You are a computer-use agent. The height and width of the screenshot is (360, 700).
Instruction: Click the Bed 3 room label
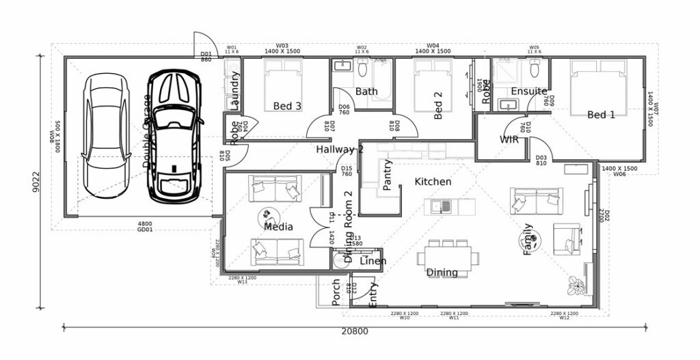287,106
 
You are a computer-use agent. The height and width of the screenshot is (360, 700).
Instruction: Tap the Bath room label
366,91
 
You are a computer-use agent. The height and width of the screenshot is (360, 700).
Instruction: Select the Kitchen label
433,182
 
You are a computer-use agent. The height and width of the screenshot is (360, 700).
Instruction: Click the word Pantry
388,175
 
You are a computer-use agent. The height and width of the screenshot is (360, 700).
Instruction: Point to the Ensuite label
529,91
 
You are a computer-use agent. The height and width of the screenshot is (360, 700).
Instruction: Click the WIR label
509,139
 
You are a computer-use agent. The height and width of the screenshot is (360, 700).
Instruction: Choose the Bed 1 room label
601,115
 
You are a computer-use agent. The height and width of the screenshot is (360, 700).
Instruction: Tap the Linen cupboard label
373,261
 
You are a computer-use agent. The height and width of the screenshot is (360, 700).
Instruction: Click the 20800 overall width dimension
355,332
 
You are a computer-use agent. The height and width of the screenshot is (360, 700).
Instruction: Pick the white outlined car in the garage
105,137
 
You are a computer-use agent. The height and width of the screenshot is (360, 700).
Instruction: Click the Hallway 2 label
339,149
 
